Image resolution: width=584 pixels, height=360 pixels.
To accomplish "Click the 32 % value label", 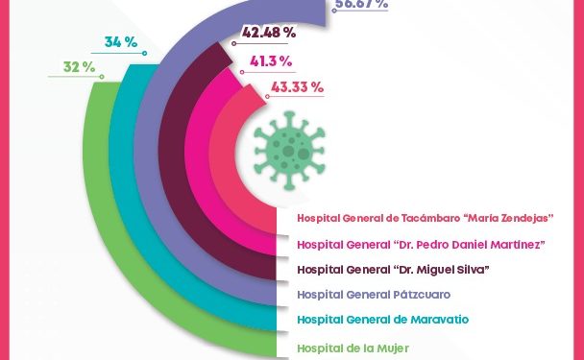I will click(79, 67).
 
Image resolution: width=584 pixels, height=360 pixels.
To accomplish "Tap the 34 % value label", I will click(120, 42).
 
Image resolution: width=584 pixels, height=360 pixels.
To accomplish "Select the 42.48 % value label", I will click(269, 33).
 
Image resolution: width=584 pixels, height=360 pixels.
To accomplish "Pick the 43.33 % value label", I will click(297, 87).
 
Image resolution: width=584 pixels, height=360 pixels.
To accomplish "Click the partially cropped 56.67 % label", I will click(361, 5).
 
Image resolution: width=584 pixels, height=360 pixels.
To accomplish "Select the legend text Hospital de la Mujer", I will click(353, 348).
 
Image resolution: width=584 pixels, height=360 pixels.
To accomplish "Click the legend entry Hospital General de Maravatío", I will click(382, 319).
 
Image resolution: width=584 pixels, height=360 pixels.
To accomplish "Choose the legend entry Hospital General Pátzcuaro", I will click(374, 294).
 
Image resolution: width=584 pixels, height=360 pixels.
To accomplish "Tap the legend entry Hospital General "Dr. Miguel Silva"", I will click(394, 269).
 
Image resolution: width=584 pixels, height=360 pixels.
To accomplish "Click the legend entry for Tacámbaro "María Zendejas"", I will click(426, 218).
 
